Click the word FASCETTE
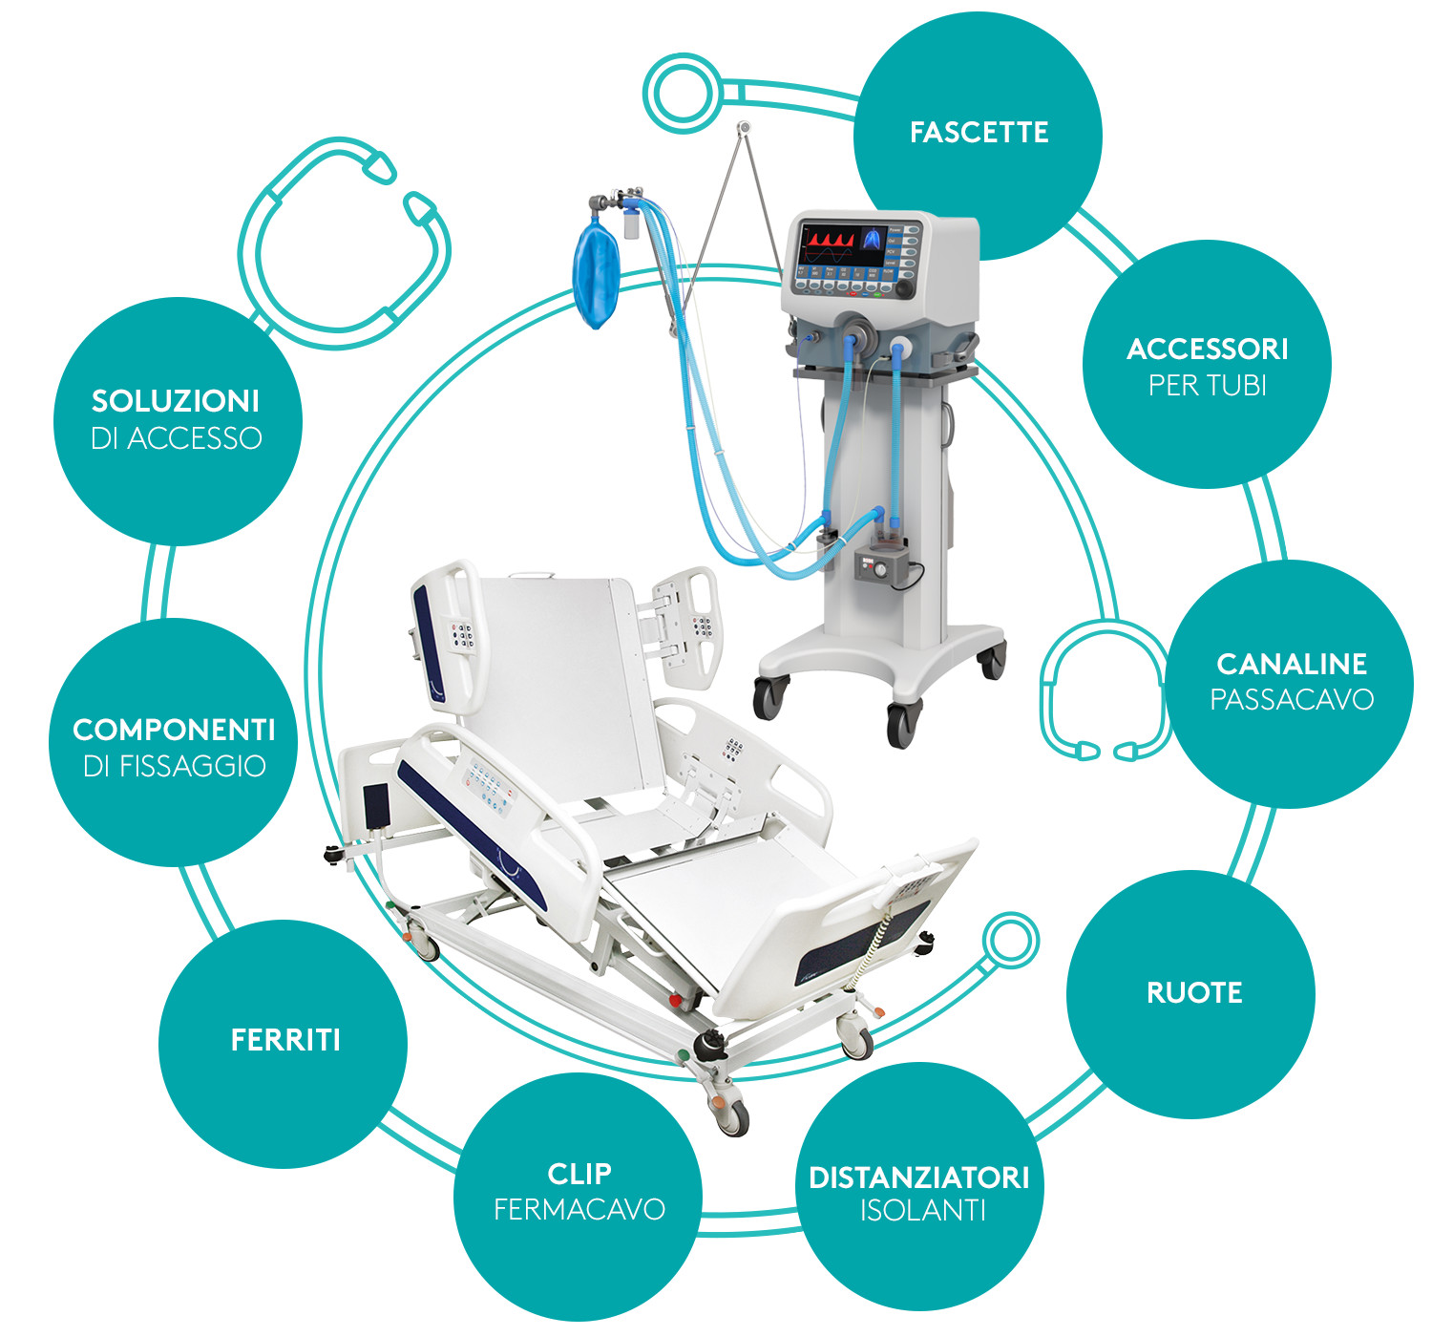pyautogui.click(x=979, y=132)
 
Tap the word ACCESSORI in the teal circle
pyautogui.click(x=1207, y=350)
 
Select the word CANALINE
pyautogui.click(x=1292, y=664)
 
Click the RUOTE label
pyautogui.click(x=1194, y=993)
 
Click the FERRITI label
pyautogui.click(x=285, y=1040)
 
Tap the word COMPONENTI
pyautogui.click(x=174, y=731)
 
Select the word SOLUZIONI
pyautogui.click(x=176, y=401)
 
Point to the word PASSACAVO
pyautogui.click(x=1292, y=699)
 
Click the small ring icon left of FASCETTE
pyautogui.click(x=683, y=93)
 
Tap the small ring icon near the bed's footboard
pyautogui.click(x=1010, y=940)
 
